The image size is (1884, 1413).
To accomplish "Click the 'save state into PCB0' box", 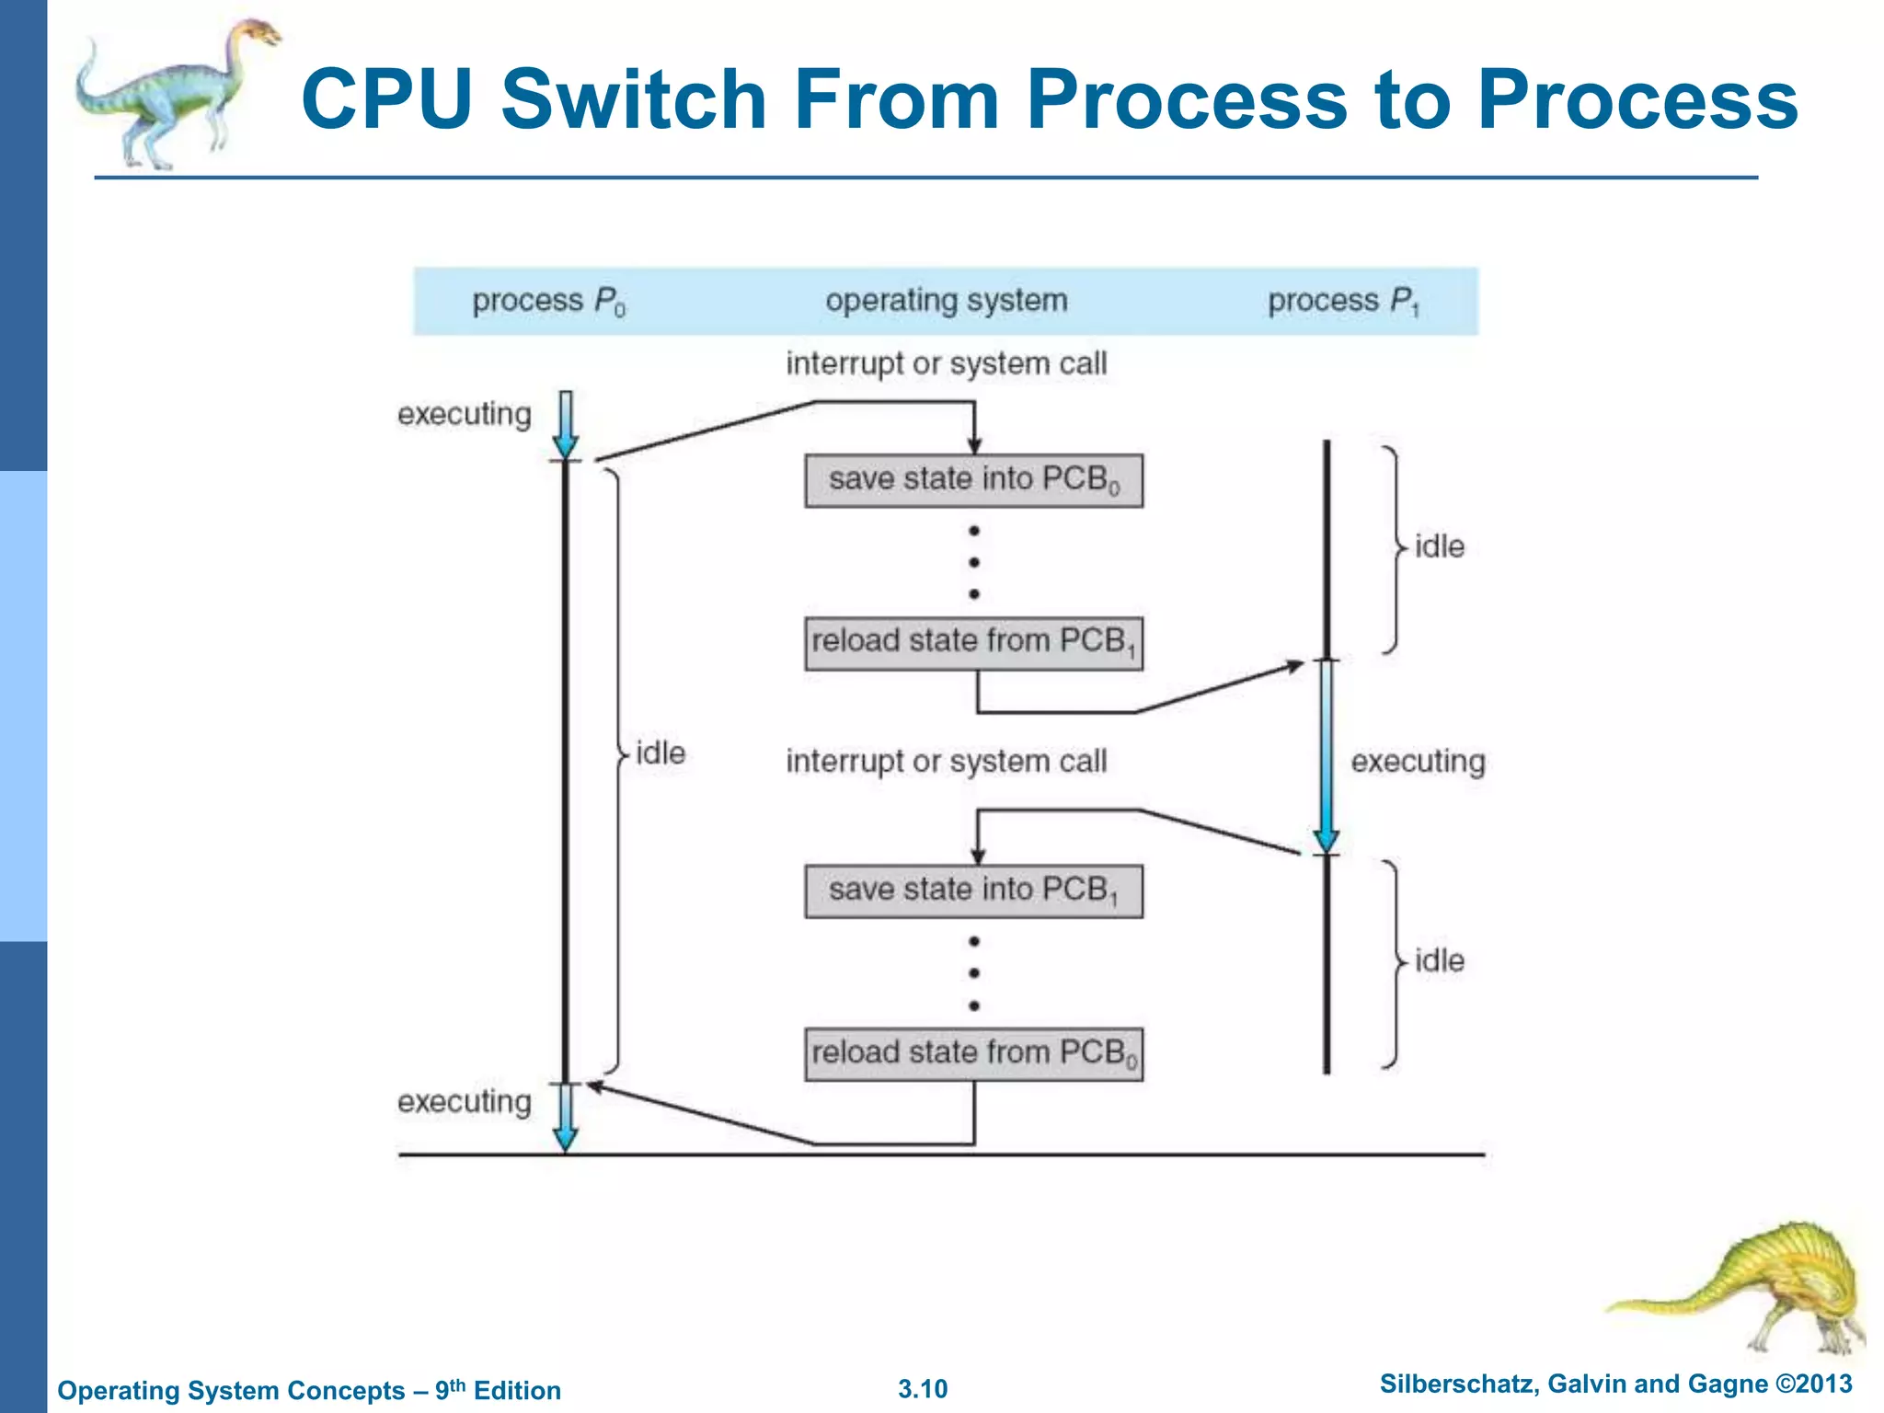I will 973,480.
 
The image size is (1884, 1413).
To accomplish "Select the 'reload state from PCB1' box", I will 973,642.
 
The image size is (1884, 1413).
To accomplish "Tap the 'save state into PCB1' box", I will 973,890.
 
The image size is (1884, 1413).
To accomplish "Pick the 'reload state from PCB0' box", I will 973,1053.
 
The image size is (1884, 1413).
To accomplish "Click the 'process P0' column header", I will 548,301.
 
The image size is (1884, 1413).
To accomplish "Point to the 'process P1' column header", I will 1343,301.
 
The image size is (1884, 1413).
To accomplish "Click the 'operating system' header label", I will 946,301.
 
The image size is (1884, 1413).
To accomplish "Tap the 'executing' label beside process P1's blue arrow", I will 1417,762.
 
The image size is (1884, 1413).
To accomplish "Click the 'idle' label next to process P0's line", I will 661,753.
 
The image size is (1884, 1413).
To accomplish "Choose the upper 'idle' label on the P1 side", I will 1439,546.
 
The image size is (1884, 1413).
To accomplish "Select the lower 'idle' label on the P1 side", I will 1439,961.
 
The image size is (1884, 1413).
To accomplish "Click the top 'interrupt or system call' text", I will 946,363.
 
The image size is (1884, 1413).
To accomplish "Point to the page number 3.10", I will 923,1389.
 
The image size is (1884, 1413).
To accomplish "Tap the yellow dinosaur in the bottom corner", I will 1766,1288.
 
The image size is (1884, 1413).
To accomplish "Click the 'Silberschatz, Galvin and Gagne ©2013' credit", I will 1615,1384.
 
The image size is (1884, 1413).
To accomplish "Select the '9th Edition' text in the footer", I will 498,1390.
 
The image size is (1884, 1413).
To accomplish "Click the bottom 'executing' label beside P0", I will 465,1101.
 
